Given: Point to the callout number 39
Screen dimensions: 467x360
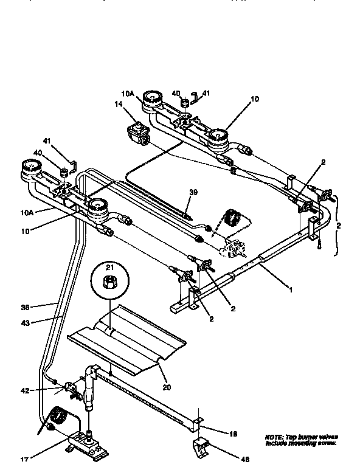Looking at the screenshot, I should coord(193,192).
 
